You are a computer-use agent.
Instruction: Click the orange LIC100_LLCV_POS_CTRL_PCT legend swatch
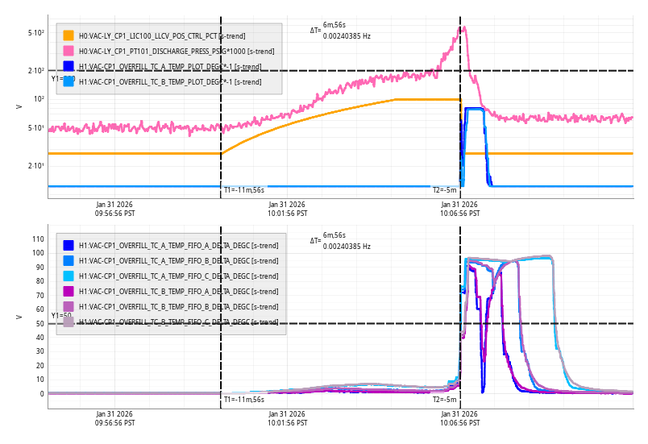tap(69, 35)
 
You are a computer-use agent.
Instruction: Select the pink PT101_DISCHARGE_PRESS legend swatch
tap(69, 51)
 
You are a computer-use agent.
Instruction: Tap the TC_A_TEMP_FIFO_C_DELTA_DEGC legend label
tap(164, 276)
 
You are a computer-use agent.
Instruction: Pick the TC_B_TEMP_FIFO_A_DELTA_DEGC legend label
tap(164, 291)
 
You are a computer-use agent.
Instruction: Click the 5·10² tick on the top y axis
tap(36, 33)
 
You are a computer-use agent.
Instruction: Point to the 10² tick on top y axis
tap(39, 99)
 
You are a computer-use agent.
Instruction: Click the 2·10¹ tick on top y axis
tap(36, 166)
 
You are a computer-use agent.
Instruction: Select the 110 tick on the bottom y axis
tap(36, 239)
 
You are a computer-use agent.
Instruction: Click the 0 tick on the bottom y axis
tap(40, 394)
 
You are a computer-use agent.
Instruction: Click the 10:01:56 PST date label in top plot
tap(287, 209)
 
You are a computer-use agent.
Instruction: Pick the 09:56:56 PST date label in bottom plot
tap(114, 418)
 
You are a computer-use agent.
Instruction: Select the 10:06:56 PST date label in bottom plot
tap(459, 418)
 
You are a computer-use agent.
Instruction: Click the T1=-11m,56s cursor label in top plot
tap(243, 190)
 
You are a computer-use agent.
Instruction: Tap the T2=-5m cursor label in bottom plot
tap(444, 399)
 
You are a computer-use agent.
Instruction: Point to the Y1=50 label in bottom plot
tap(61, 315)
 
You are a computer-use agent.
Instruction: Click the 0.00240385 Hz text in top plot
tap(347, 35)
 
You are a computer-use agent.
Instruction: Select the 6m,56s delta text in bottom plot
tap(334, 234)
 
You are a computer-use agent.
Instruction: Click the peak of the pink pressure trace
tap(463, 27)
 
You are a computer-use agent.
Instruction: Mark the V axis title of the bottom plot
tap(19, 317)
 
